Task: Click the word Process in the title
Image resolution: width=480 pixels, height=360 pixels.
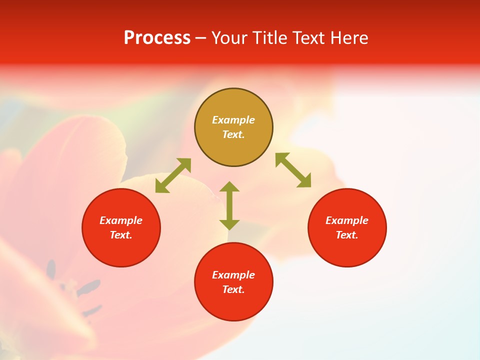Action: coord(157,38)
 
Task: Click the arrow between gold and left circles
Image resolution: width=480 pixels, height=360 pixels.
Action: coord(173,175)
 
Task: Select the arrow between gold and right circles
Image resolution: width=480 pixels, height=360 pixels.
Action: coord(293,170)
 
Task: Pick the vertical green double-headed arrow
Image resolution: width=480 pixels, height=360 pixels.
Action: coord(229,205)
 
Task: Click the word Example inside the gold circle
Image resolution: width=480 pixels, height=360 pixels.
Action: coord(233,120)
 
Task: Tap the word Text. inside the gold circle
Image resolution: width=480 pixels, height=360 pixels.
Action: coord(233,134)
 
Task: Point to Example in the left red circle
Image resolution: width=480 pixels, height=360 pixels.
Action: coord(121,220)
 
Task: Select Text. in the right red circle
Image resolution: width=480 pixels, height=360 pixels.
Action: coord(347,235)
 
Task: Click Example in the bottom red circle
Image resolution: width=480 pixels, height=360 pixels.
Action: coord(233,275)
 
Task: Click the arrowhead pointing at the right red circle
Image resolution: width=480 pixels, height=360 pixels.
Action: coord(305,181)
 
